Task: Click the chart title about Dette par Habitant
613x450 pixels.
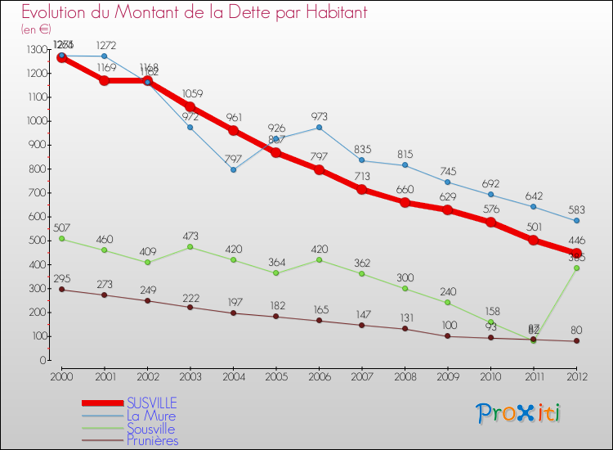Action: [x=194, y=13]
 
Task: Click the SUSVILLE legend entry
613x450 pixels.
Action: [x=150, y=403]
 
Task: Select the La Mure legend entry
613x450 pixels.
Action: [x=150, y=416]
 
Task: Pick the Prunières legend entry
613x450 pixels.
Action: [x=152, y=440]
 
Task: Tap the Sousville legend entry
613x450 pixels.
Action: [x=151, y=428]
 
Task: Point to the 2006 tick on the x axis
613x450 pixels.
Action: [x=319, y=376]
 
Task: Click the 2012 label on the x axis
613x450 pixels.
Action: [x=576, y=376]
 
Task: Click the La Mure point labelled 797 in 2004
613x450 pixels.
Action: [x=233, y=170]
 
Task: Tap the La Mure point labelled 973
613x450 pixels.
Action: [x=319, y=128]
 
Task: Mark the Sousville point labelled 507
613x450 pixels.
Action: [x=61, y=239]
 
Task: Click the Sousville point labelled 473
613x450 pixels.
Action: [x=190, y=247]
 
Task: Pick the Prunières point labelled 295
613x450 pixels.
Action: [x=61, y=290]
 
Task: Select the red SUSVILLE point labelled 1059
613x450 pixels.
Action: [x=190, y=107]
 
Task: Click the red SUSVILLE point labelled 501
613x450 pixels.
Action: [x=534, y=241]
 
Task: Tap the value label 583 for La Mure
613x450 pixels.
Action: [x=576, y=208]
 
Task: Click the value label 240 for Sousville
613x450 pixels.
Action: [x=448, y=290]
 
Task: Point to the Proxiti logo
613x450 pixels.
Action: [x=519, y=413]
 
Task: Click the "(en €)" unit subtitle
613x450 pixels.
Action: [x=36, y=29]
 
